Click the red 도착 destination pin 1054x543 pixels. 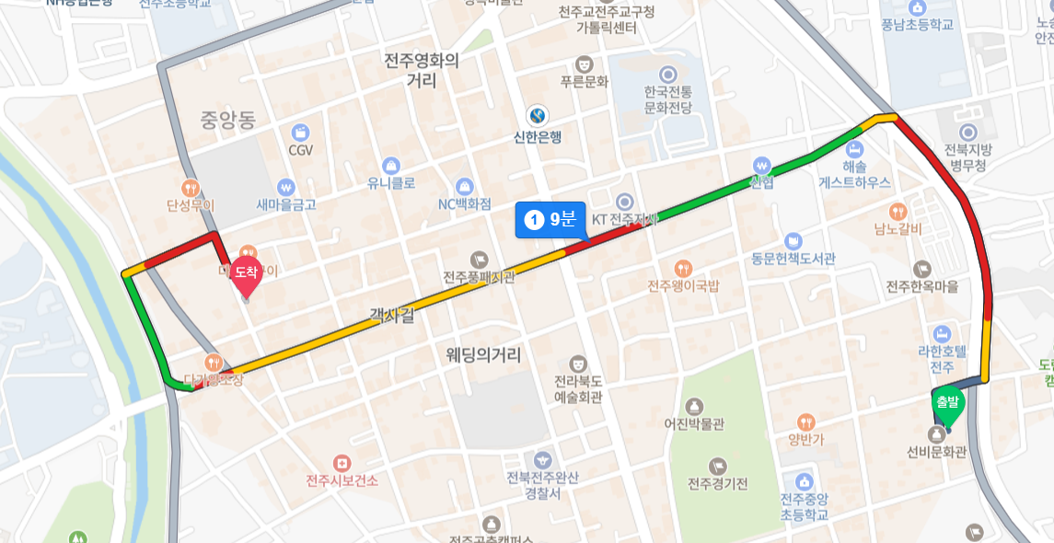[x=246, y=272]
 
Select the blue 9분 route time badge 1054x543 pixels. [x=550, y=219]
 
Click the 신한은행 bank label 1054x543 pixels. [x=538, y=137]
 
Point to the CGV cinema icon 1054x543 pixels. [x=300, y=133]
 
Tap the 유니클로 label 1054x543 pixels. [x=391, y=182]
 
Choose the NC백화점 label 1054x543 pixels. [x=464, y=203]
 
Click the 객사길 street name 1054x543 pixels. [x=392, y=316]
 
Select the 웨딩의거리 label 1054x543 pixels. [x=483, y=354]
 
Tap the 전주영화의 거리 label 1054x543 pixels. [x=422, y=71]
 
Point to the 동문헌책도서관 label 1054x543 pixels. [x=793, y=260]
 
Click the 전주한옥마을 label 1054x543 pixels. [x=922, y=286]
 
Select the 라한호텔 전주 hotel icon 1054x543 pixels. [x=942, y=333]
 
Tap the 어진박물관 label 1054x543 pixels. [x=694, y=424]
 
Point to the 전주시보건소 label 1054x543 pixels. [x=342, y=480]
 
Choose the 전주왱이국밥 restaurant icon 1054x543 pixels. [x=682, y=268]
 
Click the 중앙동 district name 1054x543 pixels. [x=228, y=119]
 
